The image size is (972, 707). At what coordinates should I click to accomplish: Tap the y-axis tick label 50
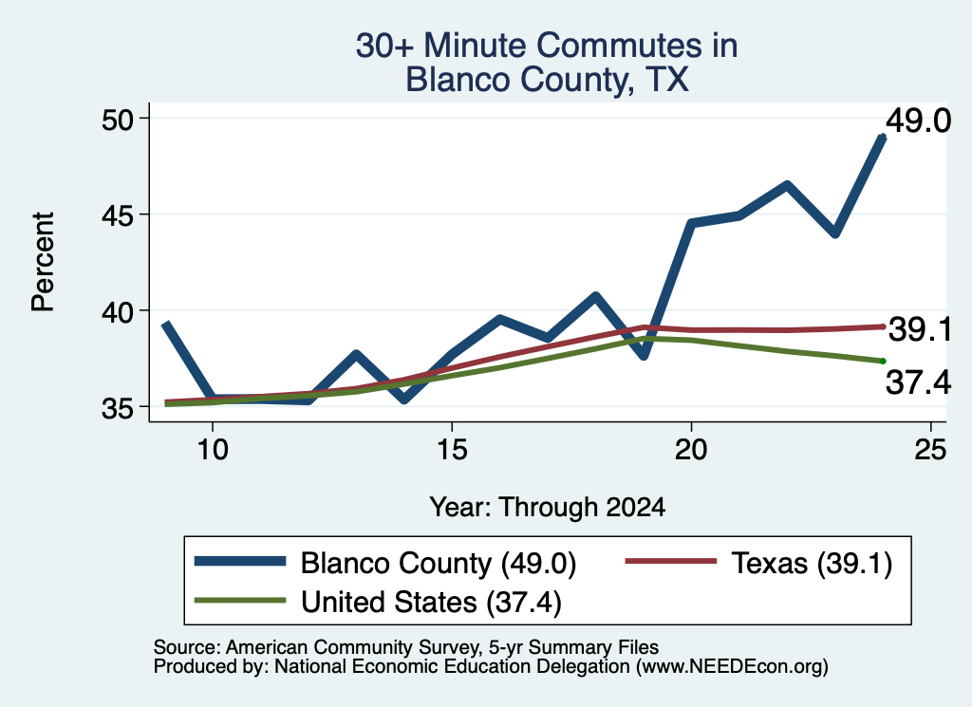(118, 119)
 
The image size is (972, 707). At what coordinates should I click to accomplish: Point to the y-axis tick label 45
(118, 215)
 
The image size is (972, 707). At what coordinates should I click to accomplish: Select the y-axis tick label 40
(118, 311)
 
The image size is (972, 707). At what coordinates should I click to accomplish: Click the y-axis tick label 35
(118, 408)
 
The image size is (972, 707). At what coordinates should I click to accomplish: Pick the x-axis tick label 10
(213, 449)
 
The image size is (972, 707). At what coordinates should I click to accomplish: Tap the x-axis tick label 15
(452, 449)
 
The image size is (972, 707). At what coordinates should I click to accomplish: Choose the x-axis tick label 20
(691, 449)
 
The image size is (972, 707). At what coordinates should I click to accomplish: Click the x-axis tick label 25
(930, 449)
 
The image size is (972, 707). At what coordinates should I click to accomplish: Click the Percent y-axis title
(44, 262)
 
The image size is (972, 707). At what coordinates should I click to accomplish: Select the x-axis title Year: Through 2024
(548, 507)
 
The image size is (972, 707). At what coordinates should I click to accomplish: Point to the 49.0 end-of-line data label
(918, 121)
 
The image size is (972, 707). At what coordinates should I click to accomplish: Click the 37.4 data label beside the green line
(918, 381)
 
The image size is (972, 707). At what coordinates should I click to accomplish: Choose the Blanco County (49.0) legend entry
(385, 564)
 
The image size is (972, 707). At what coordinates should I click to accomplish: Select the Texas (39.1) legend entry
(758, 564)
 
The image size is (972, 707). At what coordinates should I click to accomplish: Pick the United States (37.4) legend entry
(378, 602)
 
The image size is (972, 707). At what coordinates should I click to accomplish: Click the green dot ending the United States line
(883, 362)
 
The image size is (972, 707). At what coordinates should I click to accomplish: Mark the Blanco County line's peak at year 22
(787, 185)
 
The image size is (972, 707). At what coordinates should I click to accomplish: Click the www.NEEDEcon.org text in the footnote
(732, 667)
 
